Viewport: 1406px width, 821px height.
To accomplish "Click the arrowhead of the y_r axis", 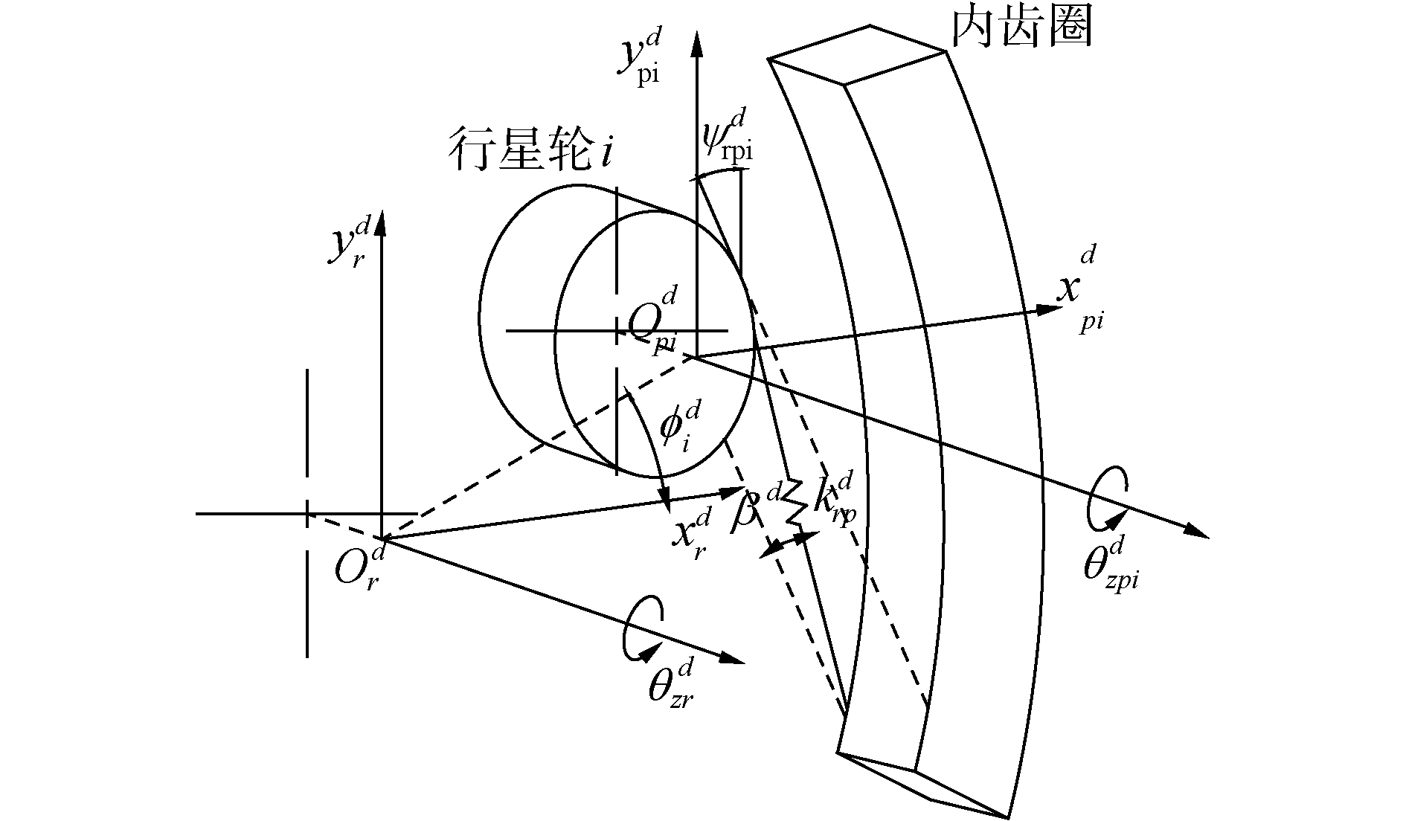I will click(x=382, y=222).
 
